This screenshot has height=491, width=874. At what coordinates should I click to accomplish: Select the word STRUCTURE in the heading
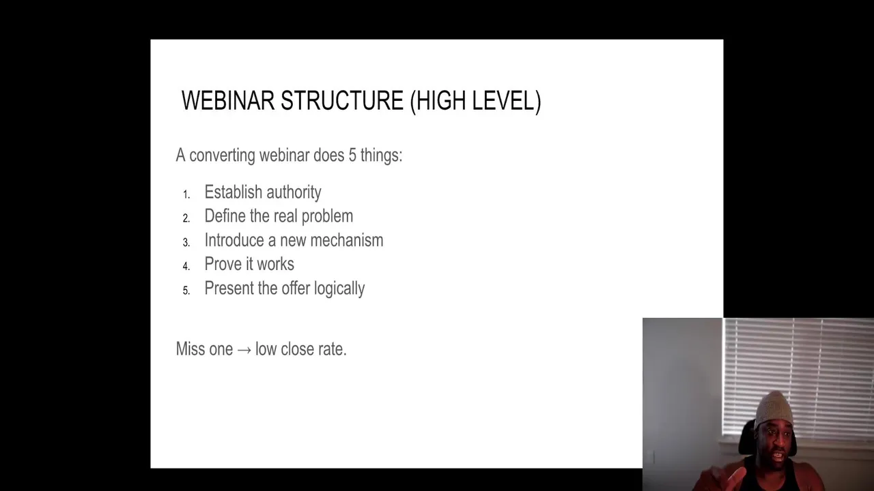(x=342, y=100)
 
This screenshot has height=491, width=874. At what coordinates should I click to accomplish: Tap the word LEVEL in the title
(x=507, y=102)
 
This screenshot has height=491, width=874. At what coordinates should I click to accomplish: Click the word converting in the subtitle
(x=222, y=155)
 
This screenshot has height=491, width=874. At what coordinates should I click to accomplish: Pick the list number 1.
(x=186, y=194)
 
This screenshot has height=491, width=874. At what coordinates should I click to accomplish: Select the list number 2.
(x=186, y=218)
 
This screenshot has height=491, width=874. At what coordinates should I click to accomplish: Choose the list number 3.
(x=186, y=242)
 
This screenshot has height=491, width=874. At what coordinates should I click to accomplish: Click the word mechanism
(x=347, y=240)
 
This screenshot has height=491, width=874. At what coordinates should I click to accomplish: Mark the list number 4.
(x=186, y=266)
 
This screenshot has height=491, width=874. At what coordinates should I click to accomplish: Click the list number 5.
(x=186, y=291)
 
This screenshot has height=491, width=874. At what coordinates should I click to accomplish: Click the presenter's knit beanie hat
(x=774, y=409)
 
